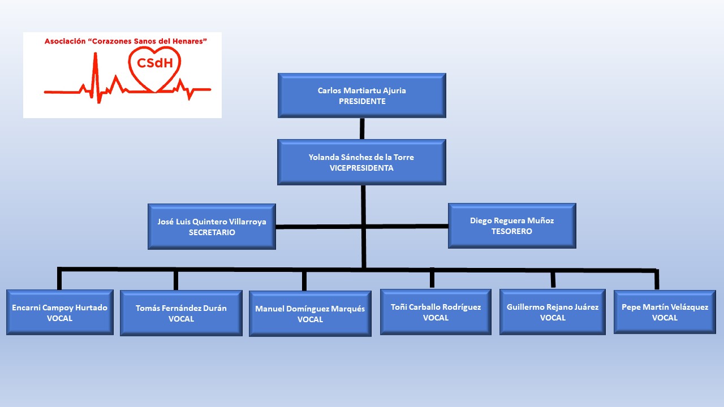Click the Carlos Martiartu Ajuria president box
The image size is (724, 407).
[361, 95]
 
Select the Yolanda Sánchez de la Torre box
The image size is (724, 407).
[361, 162]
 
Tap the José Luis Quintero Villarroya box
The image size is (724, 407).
[212, 226]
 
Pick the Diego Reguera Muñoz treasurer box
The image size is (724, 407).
[512, 226]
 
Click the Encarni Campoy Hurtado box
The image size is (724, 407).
[60, 312]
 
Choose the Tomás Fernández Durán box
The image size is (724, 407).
[181, 313]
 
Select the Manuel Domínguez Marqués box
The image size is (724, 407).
[310, 314]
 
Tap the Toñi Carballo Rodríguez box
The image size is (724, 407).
[436, 312]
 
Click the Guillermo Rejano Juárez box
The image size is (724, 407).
[553, 312]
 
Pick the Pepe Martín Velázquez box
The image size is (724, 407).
[665, 312]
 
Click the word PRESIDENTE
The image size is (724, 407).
[362, 101]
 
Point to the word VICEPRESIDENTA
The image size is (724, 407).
[361, 168]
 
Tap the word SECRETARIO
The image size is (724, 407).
[212, 232]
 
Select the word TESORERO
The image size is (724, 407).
[512, 231]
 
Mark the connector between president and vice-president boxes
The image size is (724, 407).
[362, 128]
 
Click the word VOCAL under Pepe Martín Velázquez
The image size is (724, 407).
[665, 318]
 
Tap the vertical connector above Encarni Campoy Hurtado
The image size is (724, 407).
[59, 279]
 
